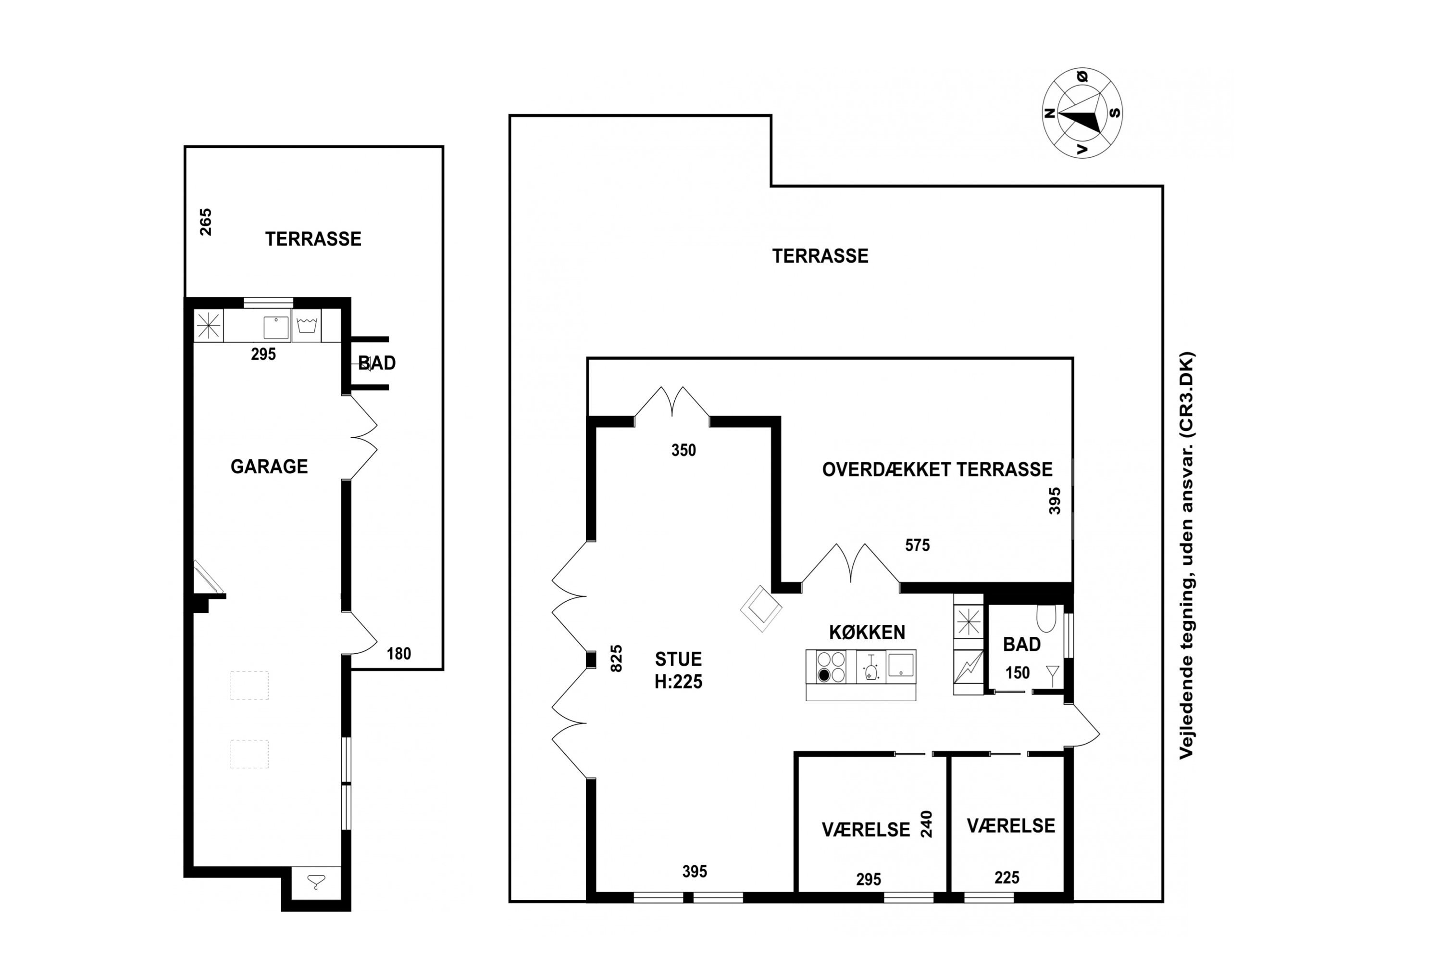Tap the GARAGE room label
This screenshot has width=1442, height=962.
click(269, 467)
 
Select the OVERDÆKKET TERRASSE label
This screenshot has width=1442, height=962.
click(937, 469)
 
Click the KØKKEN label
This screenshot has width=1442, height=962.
click(867, 632)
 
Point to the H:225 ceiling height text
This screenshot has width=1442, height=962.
click(678, 682)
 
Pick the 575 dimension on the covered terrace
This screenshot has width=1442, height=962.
click(917, 545)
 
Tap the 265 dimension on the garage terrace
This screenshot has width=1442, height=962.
click(205, 222)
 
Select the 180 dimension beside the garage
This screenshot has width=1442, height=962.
click(398, 654)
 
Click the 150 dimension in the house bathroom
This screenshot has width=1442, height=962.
click(1017, 673)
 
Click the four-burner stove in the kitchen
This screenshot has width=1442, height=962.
click(831, 667)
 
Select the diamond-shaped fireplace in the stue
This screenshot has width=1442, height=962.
click(761, 608)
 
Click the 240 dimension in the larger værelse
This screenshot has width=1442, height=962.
click(926, 824)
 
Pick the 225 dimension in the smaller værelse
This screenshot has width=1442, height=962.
click(1007, 877)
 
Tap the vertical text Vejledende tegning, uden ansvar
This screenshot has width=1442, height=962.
click(1187, 555)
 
